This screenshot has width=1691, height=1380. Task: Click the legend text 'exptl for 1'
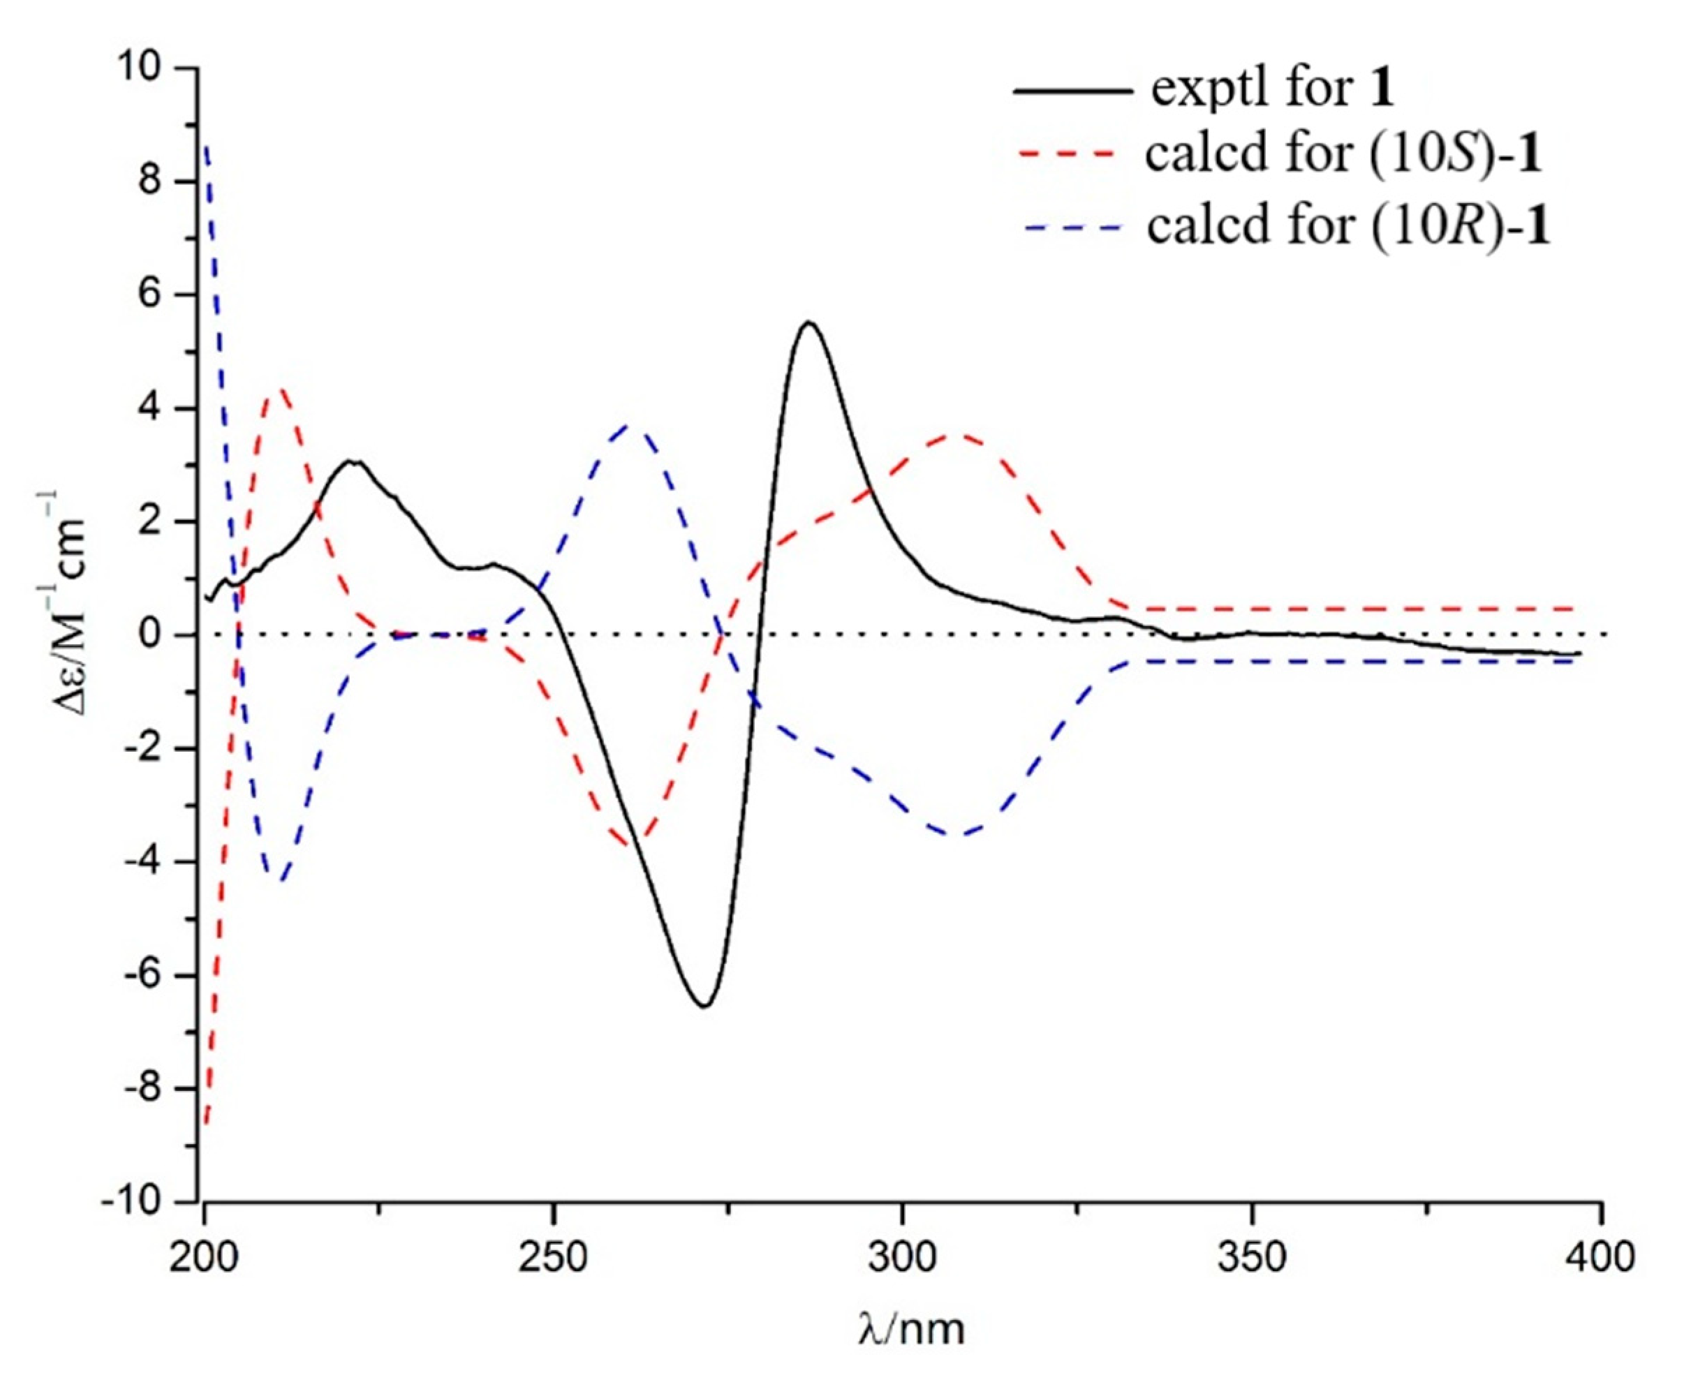(x=1272, y=89)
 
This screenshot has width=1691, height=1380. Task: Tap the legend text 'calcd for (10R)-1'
(x=1348, y=228)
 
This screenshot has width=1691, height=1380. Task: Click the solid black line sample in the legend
(x=1072, y=91)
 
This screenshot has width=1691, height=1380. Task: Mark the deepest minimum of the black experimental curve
(x=704, y=1007)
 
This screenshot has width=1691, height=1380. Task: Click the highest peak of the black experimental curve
(x=809, y=322)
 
